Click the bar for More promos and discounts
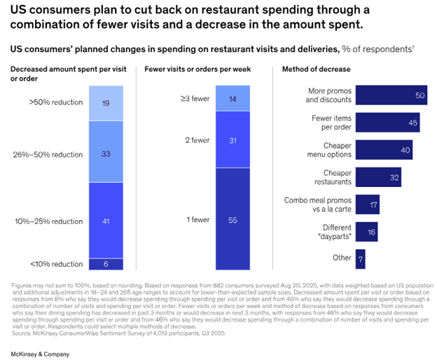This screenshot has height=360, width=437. click(x=391, y=95)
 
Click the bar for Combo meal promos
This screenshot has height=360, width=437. click(x=368, y=205)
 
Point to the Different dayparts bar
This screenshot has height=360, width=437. click(x=367, y=232)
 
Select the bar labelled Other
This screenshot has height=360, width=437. click(x=360, y=258)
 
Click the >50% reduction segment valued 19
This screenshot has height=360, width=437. click(x=105, y=102)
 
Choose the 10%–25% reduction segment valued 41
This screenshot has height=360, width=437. click(x=105, y=220)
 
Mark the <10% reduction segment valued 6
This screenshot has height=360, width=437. click(x=105, y=264)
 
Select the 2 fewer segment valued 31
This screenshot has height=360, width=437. click(x=232, y=141)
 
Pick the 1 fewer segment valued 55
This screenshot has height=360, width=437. click(x=232, y=219)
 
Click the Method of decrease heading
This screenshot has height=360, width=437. click(x=316, y=69)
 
